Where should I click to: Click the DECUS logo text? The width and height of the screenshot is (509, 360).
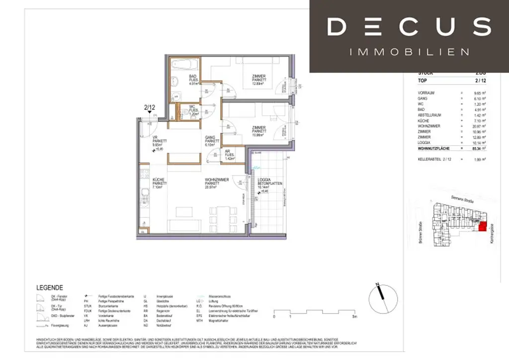409,26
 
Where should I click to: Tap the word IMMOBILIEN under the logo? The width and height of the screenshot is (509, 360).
409,52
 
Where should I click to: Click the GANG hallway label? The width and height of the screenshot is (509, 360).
211,140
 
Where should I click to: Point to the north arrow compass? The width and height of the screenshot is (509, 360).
383,298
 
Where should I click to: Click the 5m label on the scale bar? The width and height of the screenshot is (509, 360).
354,316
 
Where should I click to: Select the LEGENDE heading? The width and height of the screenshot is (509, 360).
50,287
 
